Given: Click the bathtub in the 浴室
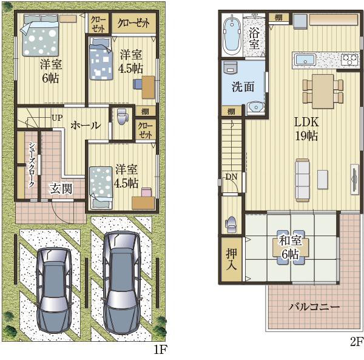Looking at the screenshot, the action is (232, 35).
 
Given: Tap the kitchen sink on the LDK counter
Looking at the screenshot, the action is (305, 59).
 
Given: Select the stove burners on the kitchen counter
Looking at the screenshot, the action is (349, 59).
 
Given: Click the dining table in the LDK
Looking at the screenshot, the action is (323, 91).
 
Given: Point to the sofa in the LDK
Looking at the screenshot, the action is (302, 180).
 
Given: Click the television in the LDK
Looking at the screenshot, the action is (354, 179).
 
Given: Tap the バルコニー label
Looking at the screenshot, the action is (314, 307).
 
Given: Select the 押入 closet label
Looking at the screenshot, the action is (231, 259).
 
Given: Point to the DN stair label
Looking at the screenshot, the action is (232, 177).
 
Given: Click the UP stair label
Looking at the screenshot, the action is (57, 118).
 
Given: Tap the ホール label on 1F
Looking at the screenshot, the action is (86, 126).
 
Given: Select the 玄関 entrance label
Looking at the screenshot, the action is (61, 188).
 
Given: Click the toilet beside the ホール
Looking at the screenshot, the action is (123, 117).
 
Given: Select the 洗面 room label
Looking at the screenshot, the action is (243, 87).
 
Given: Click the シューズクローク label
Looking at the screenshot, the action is (32, 165).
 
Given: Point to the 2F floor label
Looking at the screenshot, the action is (356, 342).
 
